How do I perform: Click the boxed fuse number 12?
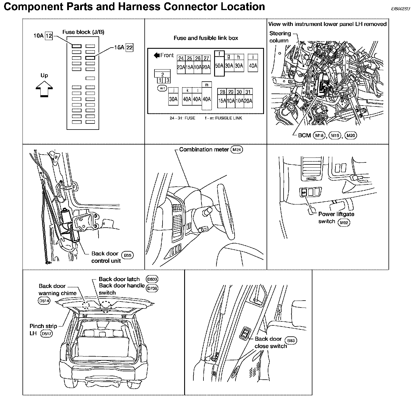click(x=49, y=36)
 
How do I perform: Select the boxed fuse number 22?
click(x=129, y=48)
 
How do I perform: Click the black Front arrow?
click(x=157, y=55)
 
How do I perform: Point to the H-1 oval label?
click(x=162, y=89)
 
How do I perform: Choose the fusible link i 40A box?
click(x=253, y=63)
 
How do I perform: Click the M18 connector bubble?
click(x=319, y=135)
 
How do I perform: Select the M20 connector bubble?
click(x=350, y=135)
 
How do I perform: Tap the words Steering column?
click(x=280, y=37)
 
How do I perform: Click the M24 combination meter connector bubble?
click(x=237, y=150)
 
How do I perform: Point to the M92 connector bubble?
click(x=344, y=222)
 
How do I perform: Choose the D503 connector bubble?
click(x=152, y=279)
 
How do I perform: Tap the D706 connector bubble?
click(x=152, y=288)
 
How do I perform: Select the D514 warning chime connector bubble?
click(x=44, y=301)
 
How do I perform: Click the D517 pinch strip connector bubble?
click(x=46, y=334)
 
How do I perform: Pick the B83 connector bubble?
click(x=291, y=341)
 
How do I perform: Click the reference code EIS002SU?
click(x=400, y=9)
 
